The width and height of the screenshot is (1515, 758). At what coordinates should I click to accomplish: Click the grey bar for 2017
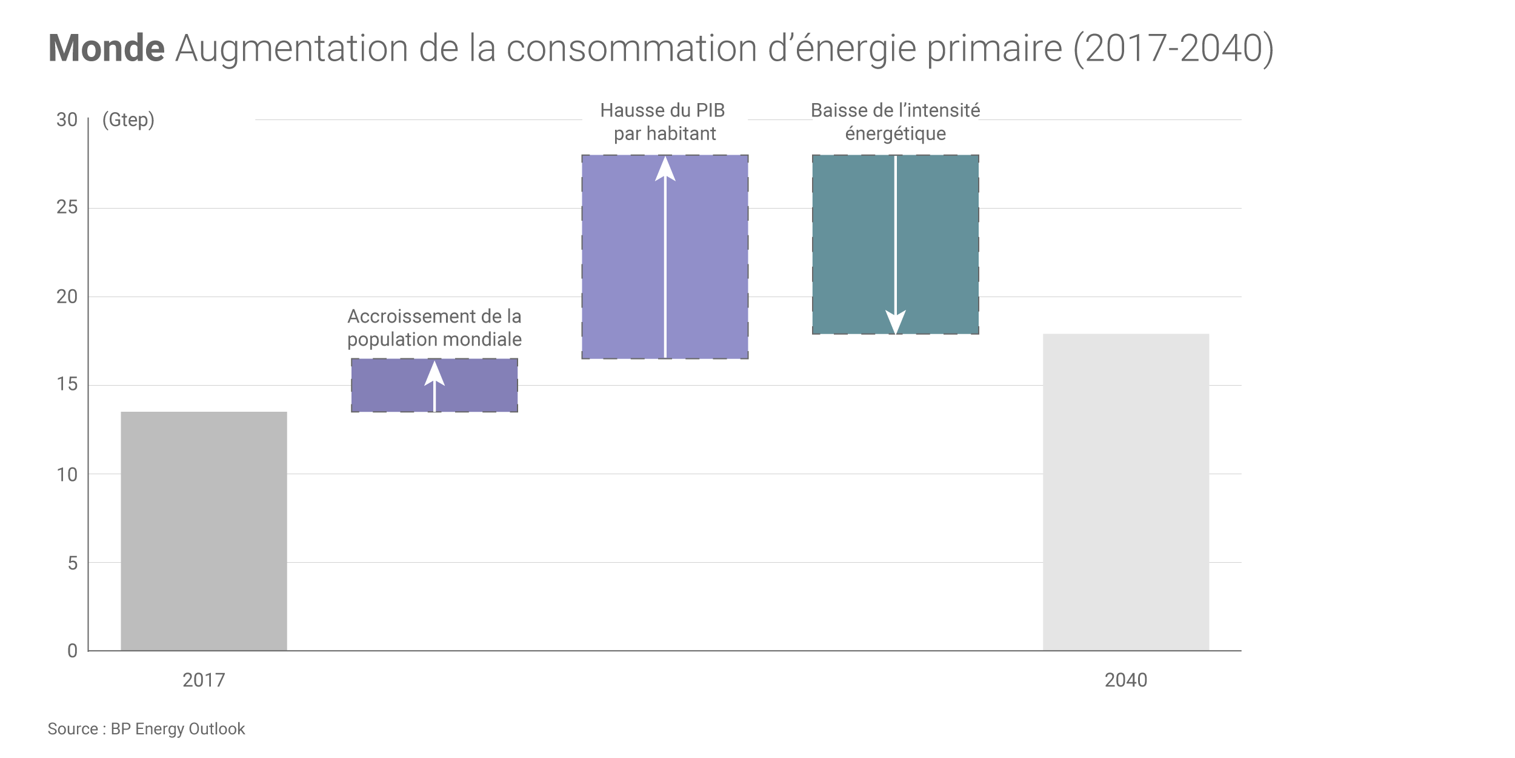(x=204, y=531)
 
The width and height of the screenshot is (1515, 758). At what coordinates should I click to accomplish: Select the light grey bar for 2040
(x=1125, y=492)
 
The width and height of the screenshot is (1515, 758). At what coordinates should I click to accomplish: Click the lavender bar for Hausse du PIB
(x=624, y=257)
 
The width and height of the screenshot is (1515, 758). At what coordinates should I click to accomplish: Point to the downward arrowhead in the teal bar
(x=895, y=321)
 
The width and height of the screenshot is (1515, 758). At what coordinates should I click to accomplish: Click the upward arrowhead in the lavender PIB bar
(x=665, y=169)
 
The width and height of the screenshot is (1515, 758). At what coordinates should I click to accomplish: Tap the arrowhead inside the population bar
(x=434, y=374)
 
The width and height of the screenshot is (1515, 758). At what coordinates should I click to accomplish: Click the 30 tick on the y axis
(x=67, y=120)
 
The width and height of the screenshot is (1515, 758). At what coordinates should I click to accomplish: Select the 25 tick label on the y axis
(x=67, y=207)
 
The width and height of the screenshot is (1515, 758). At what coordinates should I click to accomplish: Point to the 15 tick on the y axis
(x=67, y=384)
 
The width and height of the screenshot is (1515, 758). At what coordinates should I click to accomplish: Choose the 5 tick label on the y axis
(x=72, y=563)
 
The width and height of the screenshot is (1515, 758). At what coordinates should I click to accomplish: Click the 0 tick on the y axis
(x=72, y=651)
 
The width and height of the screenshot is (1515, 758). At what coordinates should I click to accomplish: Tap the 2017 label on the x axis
(x=204, y=680)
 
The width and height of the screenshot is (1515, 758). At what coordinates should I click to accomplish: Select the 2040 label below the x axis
(x=1125, y=680)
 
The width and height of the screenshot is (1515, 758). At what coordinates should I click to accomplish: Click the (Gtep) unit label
(x=128, y=120)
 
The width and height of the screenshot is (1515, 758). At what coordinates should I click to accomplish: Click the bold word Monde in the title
(x=106, y=48)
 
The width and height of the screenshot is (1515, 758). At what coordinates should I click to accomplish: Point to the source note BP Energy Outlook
(x=146, y=729)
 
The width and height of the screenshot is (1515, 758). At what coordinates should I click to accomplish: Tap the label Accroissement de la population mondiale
(x=434, y=328)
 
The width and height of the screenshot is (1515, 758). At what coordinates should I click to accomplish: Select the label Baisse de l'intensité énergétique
(x=895, y=122)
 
